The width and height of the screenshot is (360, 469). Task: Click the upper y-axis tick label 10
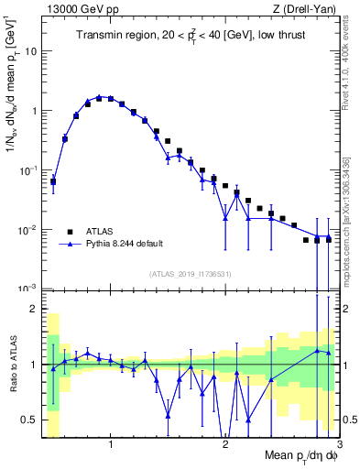29,51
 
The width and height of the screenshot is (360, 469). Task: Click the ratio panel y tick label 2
33,309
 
